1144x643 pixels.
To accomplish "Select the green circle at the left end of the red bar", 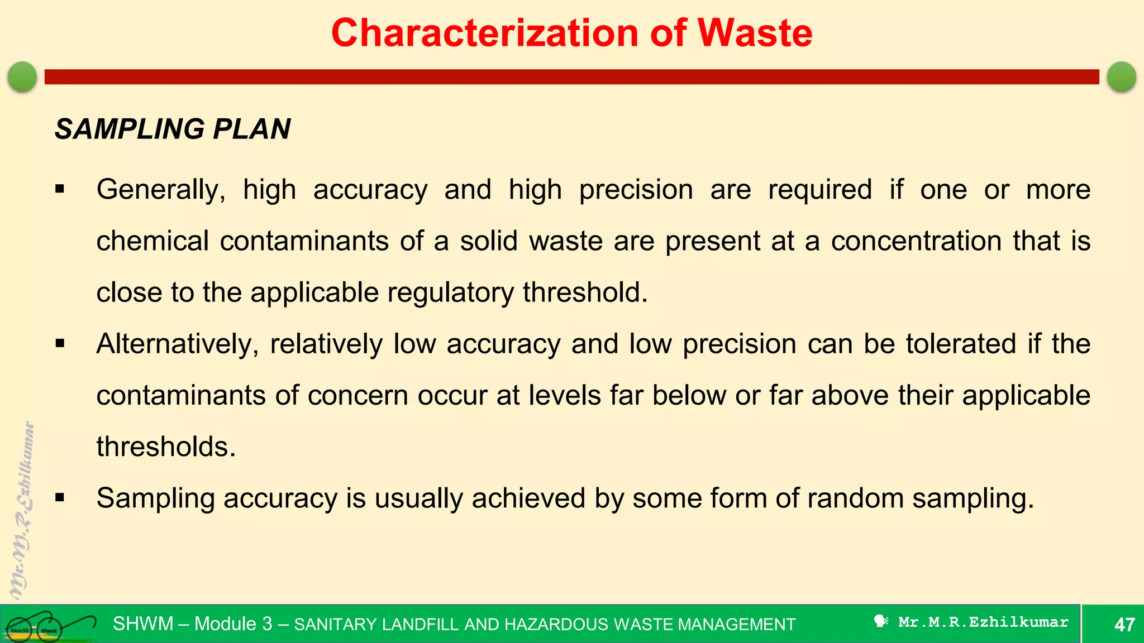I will click(22, 76).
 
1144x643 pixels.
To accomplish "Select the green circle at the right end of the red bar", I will click(1122, 76).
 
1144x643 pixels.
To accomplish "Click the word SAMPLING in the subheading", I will click(130, 129).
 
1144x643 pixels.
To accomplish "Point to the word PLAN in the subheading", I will click(251, 129).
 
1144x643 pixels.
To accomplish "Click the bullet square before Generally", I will click(60, 190).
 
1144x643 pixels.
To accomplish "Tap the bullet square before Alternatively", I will click(60, 344).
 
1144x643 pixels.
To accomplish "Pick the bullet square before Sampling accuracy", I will click(60, 498).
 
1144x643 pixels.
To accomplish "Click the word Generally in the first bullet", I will click(161, 190).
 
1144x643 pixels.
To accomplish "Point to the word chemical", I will click(152, 241).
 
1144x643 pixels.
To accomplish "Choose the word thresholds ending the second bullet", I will click(166, 447).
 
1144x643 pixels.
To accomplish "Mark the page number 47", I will click(1124, 624).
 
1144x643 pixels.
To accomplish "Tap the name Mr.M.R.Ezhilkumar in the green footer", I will click(983, 622).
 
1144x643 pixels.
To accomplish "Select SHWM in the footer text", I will click(143, 623).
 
